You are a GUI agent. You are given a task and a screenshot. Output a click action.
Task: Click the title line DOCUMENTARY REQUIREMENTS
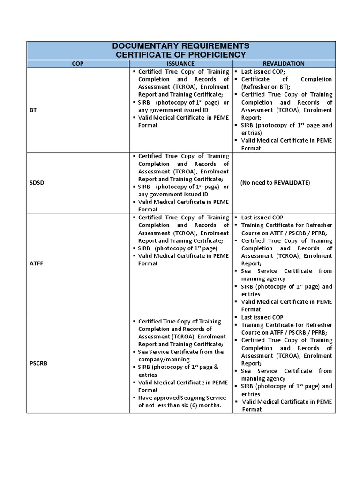pyautogui.click(x=180, y=46)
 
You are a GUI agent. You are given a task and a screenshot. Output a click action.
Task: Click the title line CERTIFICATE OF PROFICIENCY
pyautogui.click(x=180, y=55)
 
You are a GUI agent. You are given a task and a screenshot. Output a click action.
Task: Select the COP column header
pyautogui.click(x=77, y=64)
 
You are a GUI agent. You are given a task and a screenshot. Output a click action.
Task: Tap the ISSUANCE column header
pyautogui.click(x=180, y=64)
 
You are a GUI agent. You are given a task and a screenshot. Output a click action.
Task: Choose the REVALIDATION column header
pyautogui.click(x=284, y=64)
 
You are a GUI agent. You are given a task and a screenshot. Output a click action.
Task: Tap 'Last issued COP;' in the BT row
pyautogui.click(x=263, y=72)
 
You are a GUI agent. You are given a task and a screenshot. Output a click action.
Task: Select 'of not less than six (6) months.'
pyautogui.click(x=179, y=405)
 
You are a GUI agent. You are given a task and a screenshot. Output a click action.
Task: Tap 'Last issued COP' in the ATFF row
pyautogui.click(x=262, y=217)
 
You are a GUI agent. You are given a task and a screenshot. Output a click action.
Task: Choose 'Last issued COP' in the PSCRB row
pyautogui.click(x=262, y=317)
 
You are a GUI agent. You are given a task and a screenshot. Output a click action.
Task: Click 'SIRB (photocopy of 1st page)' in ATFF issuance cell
pyautogui.click(x=177, y=248)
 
